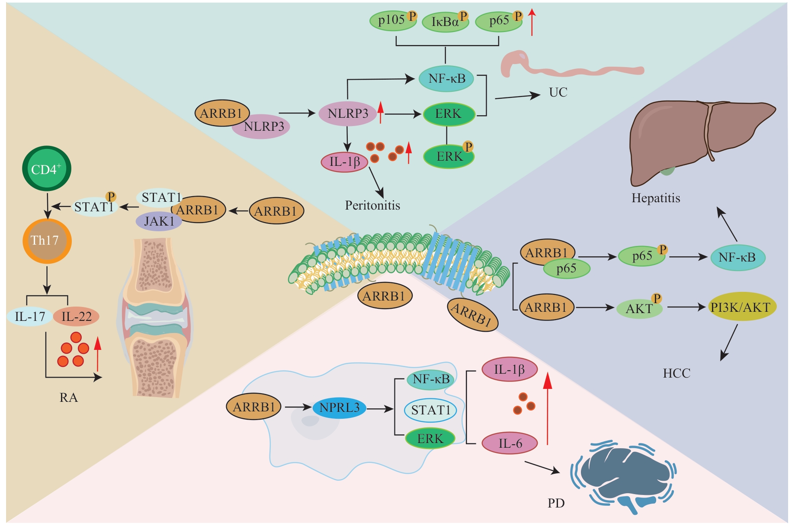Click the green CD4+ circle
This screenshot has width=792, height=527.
46,168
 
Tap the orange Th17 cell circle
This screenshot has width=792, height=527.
47,241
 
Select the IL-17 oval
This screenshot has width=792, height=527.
29,317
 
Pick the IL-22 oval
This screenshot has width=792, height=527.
77,317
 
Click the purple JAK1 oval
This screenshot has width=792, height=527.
159,221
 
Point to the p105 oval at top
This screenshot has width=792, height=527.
392,20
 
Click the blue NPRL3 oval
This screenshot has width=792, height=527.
340,407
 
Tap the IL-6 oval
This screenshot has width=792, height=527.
510,443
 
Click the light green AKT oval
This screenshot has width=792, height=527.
639,308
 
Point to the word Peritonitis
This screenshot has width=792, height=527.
372,205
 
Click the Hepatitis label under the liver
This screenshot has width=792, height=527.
656,198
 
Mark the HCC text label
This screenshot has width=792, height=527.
677,373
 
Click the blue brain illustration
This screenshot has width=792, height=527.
623,476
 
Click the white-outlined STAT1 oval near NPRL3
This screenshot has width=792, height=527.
430,410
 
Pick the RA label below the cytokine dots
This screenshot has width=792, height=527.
68,398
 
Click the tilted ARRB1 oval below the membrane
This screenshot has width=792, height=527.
472,314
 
